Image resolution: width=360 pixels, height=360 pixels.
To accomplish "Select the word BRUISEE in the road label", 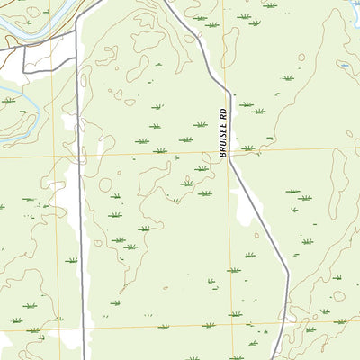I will [x=222, y=140].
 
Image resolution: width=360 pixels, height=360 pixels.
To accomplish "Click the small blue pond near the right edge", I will [x=345, y=66].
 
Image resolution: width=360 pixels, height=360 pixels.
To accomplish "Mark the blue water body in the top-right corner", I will [x=355, y=13].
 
